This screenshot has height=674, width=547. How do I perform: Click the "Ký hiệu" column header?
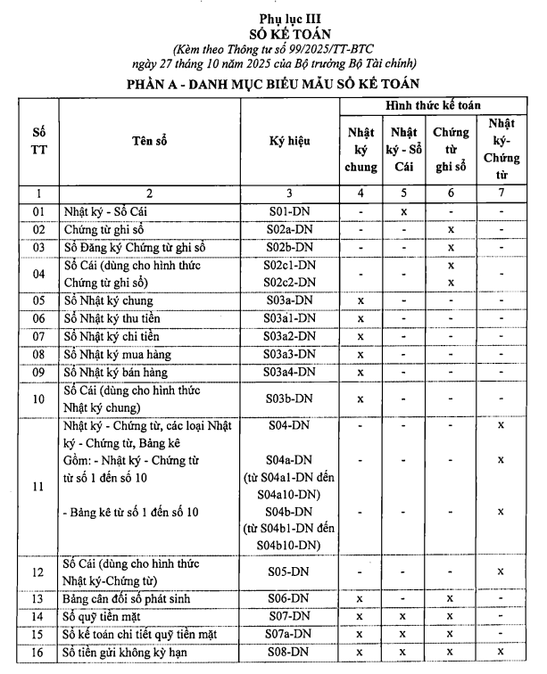(291, 141)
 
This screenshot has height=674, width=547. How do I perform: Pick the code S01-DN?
(291, 212)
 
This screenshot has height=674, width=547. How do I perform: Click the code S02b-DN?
(291, 246)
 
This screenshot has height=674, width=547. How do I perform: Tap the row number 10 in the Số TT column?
(37, 399)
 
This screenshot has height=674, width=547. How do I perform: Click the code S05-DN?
(291, 571)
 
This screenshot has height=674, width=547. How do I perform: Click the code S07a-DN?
(291, 634)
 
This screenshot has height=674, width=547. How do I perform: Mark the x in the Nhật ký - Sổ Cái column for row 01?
(404, 212)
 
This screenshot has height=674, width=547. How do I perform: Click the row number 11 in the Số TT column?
(37, 487)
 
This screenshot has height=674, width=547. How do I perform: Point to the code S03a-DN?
(291, 300)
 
